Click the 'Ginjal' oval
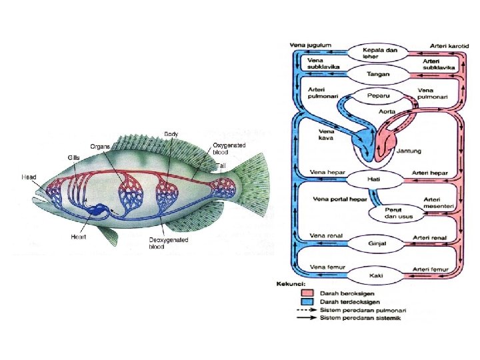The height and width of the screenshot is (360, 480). click(x=377, y=243)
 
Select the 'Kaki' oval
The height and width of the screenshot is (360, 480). click(x=376, y=274)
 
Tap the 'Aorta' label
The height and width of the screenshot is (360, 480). click(x=387, y=111)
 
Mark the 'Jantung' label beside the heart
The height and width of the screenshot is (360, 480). click(x=409, y=151)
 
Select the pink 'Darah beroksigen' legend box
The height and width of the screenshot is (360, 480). click(x=307, y=293)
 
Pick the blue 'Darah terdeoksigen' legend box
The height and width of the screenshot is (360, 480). click(x=307, y=302)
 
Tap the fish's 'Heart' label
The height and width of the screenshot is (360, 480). click(x=79, y=237)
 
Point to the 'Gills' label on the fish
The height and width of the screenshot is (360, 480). click(x=73, y=157)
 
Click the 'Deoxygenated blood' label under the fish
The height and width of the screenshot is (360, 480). click(x=169, y=243)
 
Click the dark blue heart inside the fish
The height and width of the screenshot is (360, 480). click(x=99, y=211)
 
